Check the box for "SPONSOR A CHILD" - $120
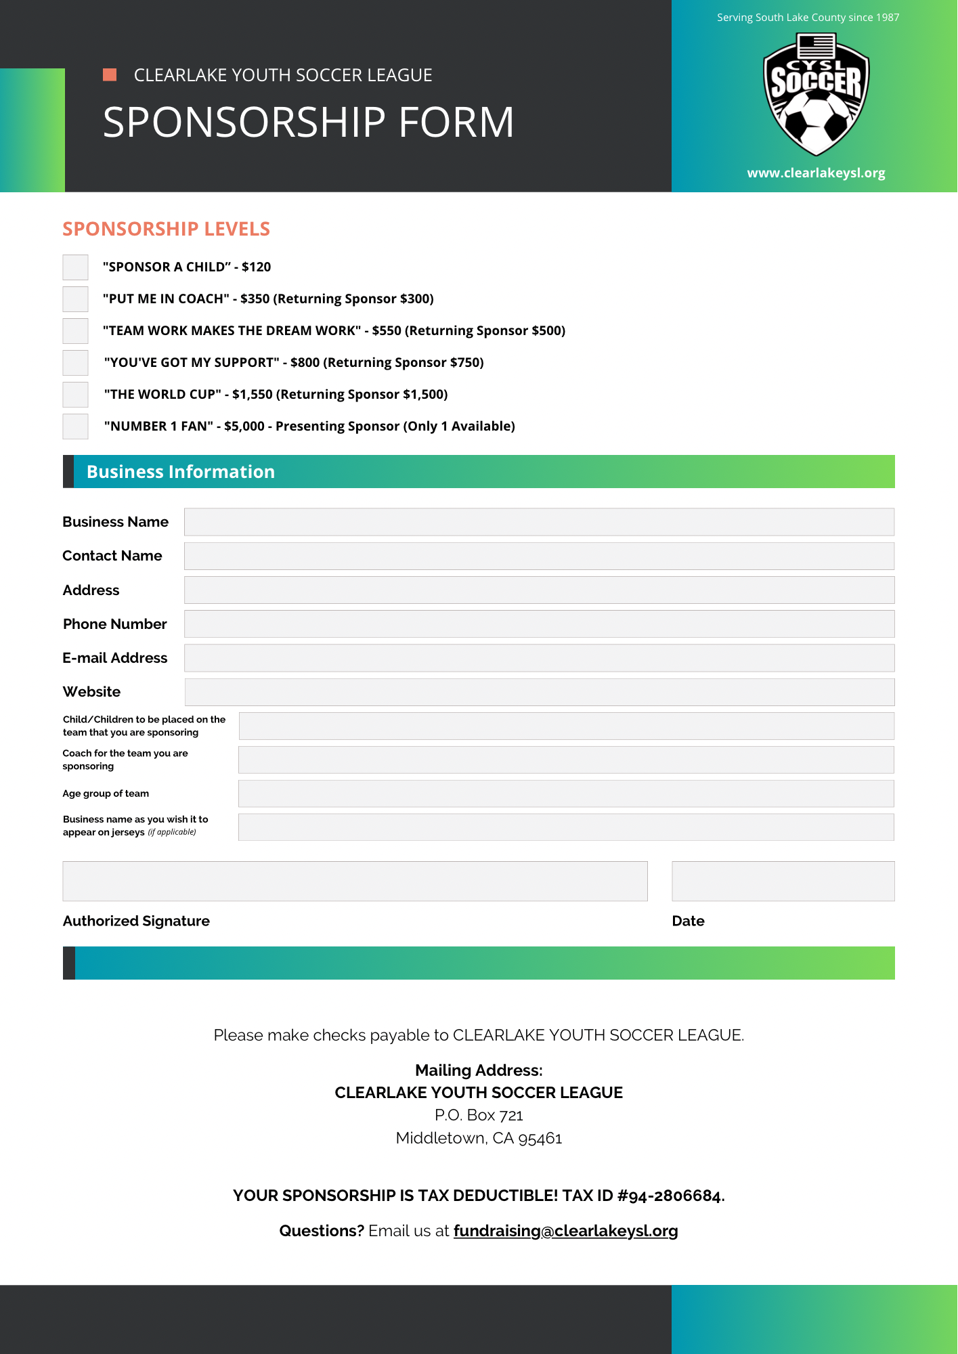click(75, 267)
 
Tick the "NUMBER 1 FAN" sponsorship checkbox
click(75, 427)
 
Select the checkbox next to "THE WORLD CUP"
click(75, 395)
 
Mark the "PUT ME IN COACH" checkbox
click(75, 299)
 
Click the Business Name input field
click(539, 522)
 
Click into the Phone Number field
click(539, 624)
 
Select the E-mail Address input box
click(539, 658)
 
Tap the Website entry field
click(539, 692)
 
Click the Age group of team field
click(566, 793)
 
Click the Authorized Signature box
click(355, 881)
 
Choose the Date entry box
click(783, 881)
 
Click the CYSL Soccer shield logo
click(816, 95)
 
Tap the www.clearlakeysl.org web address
click(816, 173)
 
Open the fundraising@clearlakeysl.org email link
click(565, 1231)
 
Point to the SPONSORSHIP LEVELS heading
click(167, 230)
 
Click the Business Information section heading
click(181, 472)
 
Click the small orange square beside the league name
click(110, 74)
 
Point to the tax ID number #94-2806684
click(670, 1196)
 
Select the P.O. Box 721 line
click(479, 1115)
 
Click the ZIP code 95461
click(540, 1138)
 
